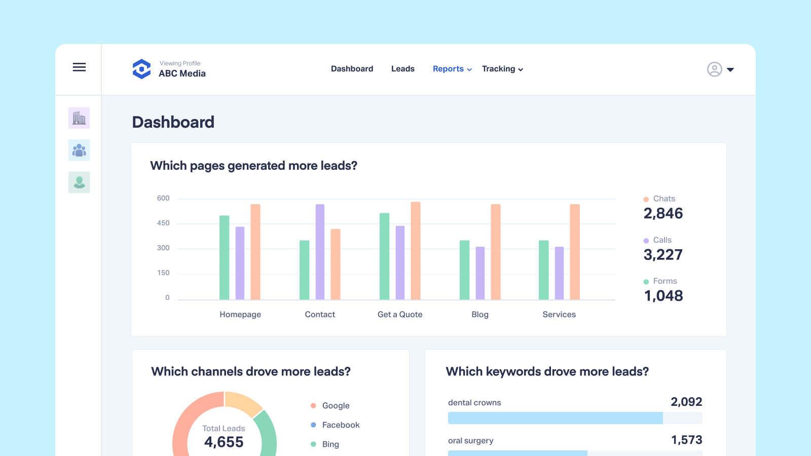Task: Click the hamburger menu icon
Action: [x=79, y=67]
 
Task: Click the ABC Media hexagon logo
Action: [x=141, y=69]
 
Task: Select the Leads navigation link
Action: [x=402, y=69]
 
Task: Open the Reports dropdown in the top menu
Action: [x=452, y=69]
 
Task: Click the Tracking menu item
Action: [x=502, y=69]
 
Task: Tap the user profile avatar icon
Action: [x=714, y=69]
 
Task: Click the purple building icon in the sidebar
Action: [x=79, y=118]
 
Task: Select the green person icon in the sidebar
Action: [x=79, y=182]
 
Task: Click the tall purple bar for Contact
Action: [x=320, y=252]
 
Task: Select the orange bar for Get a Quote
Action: [x=416, y=251]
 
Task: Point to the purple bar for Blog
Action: [x=480, y=273]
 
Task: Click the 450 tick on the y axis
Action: [x=163, y=223]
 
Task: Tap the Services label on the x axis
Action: [x=559, y=315]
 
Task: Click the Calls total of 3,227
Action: [x=663, y=255]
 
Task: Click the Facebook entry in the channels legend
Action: [x=341, y=425]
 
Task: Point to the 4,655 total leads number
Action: [x=224, y=442]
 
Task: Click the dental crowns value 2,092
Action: [x=686, y=402]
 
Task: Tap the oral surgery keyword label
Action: [x=471, y=441]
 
